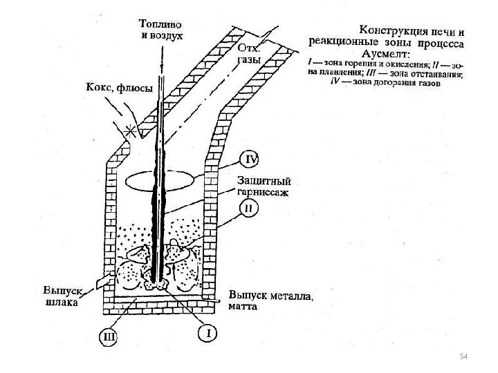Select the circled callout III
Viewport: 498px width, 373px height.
pyautogui.click(x=108, y=337)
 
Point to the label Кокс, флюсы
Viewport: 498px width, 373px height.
pyautogui.click(x=118, y=88)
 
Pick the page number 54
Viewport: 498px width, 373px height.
pyautogui.click(x=464, y=355)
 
